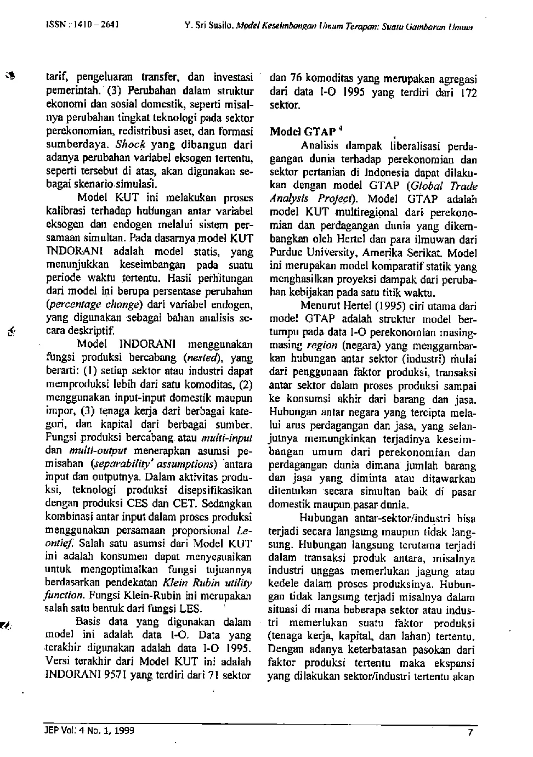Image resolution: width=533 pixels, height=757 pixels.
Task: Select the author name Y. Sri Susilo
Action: tap(203, 26)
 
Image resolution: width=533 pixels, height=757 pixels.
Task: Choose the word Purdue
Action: tap(284, 253)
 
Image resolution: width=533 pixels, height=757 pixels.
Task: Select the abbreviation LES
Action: tap(191, 609)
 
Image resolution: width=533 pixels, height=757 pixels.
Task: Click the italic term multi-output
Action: tap(93, 450)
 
